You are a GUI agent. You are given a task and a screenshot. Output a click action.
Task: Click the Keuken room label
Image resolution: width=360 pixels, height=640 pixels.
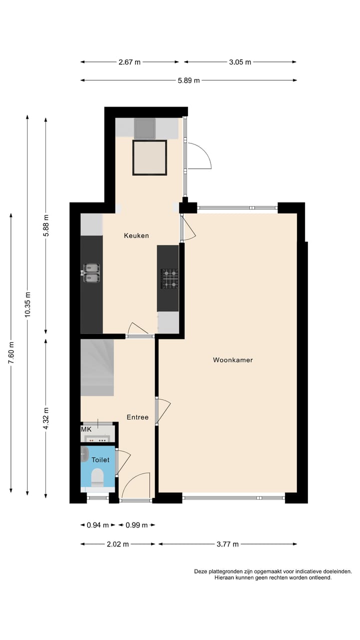136,235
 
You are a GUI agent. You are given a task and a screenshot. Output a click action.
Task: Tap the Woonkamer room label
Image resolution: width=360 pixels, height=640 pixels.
232,359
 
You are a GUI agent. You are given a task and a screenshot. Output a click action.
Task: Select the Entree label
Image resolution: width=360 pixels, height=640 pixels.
137,417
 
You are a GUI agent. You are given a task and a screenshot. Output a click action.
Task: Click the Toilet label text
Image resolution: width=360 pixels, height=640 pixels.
100,459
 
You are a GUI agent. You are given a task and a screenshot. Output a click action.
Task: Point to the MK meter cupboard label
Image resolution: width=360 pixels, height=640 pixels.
86,429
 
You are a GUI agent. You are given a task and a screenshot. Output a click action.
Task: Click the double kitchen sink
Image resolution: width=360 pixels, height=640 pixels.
91,273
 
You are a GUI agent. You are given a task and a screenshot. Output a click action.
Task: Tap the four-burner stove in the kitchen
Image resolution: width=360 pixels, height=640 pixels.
169,278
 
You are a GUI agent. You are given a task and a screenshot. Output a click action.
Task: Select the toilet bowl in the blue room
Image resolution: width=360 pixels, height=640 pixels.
97,477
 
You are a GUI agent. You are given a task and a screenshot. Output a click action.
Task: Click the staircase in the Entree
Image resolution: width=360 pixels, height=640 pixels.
97,367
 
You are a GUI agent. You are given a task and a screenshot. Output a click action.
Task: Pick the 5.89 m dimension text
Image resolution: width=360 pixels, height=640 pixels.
188,80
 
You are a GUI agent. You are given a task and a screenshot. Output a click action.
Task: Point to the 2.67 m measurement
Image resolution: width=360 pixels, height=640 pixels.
129,62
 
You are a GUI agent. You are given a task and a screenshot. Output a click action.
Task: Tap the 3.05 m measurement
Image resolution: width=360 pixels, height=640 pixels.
240,62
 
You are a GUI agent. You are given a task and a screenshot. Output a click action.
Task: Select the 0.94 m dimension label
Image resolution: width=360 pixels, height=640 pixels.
97,525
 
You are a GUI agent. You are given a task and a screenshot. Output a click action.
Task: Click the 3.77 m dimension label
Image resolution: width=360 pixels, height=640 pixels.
227,544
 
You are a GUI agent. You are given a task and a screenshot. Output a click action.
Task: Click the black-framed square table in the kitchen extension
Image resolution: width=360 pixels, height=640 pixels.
149,157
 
